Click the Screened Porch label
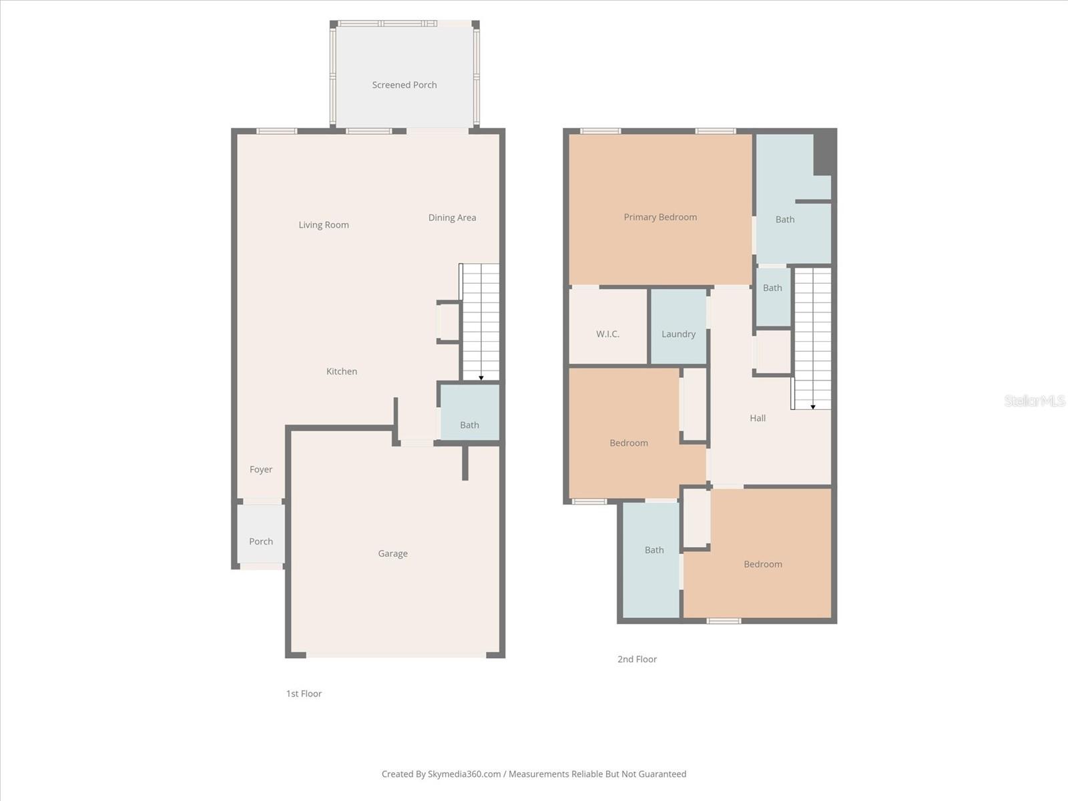[x=405, y=85]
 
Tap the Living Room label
[x=324, y=225]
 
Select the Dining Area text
[x=452, y=218]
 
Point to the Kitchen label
[x=342, y=371]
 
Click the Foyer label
[x=261, y=469]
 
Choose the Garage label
[x=392, y=553]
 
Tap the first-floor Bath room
[x=469, y=414]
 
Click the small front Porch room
[x=261, y=534]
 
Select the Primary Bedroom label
[x=660, y=217]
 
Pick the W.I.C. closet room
[x=607, y=327]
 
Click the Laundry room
[x=678, y=327]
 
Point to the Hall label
[x=758, y=418]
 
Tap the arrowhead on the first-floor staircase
[x=481, y=378]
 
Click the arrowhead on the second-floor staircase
[x=813, y=407]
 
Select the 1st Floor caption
[x=304, y=694]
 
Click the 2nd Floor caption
[x=637, y=659]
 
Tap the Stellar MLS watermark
[x=1035, y=400]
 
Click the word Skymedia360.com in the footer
[x=464, y=774]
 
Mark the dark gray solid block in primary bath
[x=824, y=152]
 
